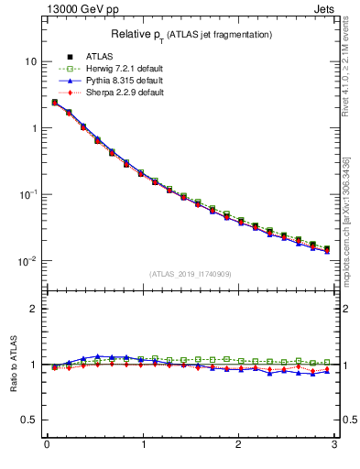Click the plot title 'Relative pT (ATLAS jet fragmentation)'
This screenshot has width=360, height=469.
click(x=191, y=34)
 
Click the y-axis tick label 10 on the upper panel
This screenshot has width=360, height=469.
click(x=30, y=61)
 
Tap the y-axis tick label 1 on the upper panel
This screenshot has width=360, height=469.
click(x=33, y=128)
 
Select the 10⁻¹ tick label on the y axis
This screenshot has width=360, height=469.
click(x=28, y=194)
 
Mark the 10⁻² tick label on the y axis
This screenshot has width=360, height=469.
click(x=28, y=261)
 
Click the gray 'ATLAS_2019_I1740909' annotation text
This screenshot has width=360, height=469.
click(x=191, y=273)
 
